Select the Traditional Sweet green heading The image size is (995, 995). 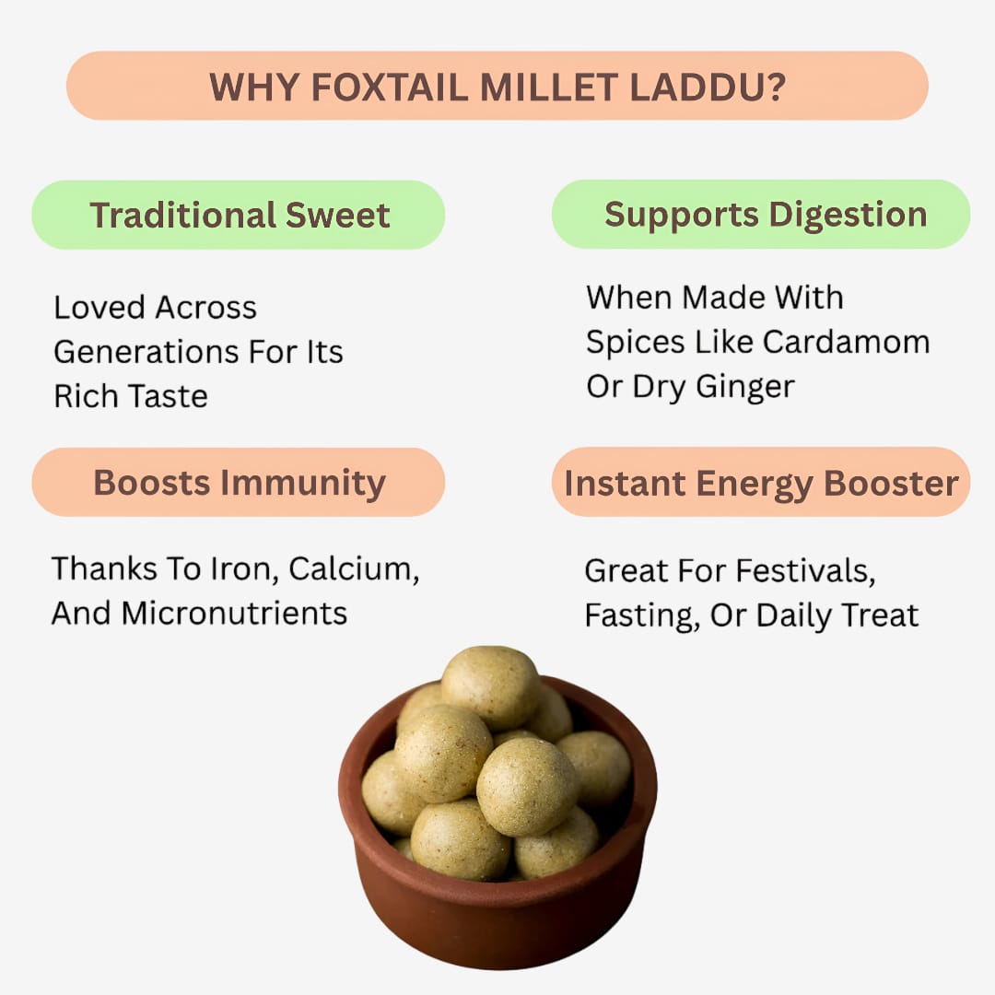[240, 215]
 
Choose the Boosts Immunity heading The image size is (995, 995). [240, 482]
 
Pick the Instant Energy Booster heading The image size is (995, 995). [761, 482]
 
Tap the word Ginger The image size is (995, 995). [744, 387]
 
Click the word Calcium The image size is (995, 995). [353, 569]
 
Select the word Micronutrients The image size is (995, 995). [234, 613]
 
